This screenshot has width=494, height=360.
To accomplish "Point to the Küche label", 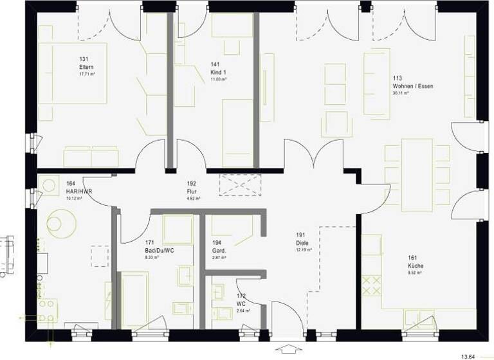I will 414,265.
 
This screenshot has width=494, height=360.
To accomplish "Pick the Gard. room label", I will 218,251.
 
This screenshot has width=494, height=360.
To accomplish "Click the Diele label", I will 302,243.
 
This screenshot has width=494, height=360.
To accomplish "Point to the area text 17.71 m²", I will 86,75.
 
